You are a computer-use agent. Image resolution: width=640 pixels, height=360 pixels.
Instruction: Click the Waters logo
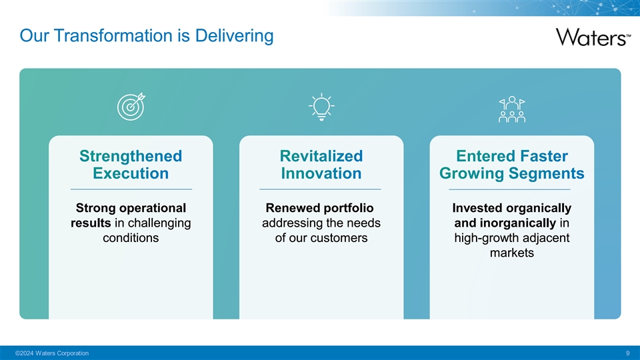tap(593, 37)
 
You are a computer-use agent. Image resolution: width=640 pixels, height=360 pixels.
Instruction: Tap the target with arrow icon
tap(131, 107)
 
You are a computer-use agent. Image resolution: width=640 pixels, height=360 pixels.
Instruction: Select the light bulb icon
tap(321, 107)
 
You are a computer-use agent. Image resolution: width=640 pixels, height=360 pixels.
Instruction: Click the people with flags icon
tap(512, 109)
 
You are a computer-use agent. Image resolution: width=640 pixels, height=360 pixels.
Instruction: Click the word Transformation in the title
tap(113, 35)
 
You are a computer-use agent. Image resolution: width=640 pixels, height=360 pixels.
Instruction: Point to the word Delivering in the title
tap(234, 35)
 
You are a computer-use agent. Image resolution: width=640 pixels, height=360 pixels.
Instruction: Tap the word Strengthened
tap(131, 156)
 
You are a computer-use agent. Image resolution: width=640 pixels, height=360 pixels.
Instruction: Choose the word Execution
tap(131, 173)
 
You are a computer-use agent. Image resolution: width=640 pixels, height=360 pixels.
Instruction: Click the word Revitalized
tap(321, 156)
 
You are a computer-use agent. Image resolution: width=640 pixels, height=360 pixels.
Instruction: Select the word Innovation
tap(321, 173)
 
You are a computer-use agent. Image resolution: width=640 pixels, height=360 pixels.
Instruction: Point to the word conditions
tap(131, 238)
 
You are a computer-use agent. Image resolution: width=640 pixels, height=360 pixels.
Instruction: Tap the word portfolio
tap(348, 208)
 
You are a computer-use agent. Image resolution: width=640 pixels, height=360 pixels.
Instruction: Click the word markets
tap(512, 253)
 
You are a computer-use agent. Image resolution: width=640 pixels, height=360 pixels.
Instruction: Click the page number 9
tap(628, 353)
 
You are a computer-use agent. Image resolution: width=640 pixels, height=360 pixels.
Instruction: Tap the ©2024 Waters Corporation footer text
tap(52, 353)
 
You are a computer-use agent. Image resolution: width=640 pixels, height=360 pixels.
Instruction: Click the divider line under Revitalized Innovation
tap(321, 189)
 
